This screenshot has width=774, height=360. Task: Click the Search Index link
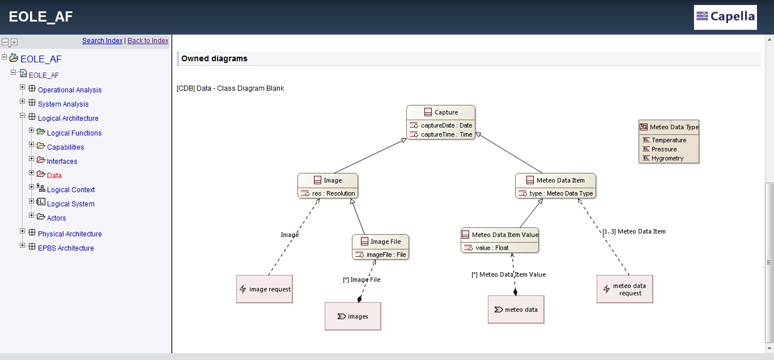pyautogui.click(x=103, y=40)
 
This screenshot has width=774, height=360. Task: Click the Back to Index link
pyautogui.click(x=148, y=40)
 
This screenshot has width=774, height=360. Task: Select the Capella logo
pyautogui.click(x=725, y=17)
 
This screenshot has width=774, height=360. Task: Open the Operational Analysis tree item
pyautogui.click(x=70, y=90)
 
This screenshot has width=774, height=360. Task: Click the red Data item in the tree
pyautogui.click(x=54, y=175)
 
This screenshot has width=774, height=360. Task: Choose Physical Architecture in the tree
pyautogui.click(x=70, y=234)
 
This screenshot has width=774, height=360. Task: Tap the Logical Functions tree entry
pyautogui.click(x=74, y=133)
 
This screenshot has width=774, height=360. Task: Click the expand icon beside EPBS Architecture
pyautogui.click(x=23, y=245)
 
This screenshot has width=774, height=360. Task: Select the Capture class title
pyautogui.click(x=446, y=112)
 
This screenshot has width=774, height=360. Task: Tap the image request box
pyautogui.click(x=265, y=289)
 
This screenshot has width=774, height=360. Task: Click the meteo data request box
pyautogui.click(x=625, y=289)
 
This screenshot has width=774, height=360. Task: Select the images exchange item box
pyautogui.click(x=353, y=316)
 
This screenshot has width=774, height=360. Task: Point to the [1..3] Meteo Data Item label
pyautogui.click(x=633, y=231)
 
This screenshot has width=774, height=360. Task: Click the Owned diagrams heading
pyautogui.click(x=214, y=58)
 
